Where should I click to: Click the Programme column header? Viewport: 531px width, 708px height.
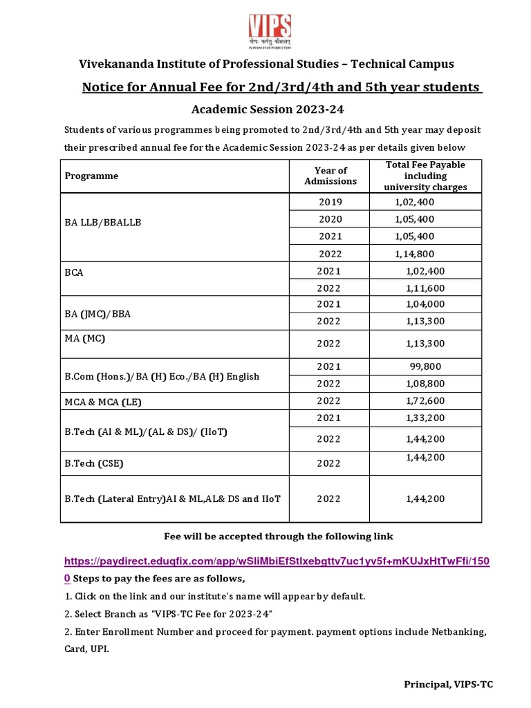(91, 176)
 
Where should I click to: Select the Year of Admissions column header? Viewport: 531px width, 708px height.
(330, 176)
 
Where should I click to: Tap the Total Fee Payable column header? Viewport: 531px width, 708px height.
(425, 176)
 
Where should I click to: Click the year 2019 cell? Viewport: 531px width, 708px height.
(330, 202)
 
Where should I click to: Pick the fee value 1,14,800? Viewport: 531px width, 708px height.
(415, 254)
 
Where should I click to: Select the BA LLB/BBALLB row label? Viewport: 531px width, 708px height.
(103, 223)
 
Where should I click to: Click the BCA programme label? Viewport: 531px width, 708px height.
(74, 272)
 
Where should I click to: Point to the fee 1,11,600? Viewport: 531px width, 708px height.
(425, 288)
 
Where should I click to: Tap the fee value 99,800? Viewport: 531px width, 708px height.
(425, 366)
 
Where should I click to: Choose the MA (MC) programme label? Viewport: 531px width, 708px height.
(85, 338)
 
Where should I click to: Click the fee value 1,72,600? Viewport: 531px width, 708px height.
(425, 400)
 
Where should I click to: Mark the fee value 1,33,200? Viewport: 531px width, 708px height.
(425, 418)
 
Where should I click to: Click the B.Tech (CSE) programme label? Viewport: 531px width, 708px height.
(94, 464)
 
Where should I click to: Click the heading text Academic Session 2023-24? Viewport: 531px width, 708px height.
(267, 109)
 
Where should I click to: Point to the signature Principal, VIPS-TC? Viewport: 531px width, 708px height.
(449, 684)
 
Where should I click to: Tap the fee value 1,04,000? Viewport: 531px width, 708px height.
(425, 304)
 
